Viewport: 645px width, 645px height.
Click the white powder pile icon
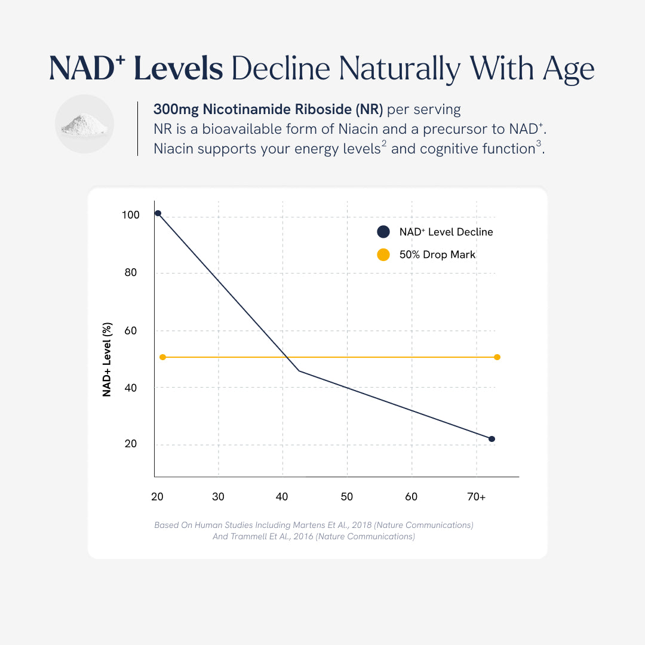point(84,125)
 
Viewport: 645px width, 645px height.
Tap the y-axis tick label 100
point(130,214)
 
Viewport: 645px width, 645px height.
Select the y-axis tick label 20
point(130,444)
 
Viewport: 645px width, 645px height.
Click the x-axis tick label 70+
point(475,497)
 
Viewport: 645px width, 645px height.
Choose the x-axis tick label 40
point(282,497)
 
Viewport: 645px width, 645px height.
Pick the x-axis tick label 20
point(157,497)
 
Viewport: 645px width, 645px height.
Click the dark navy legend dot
point(383,232)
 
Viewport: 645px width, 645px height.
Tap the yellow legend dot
point(383,255)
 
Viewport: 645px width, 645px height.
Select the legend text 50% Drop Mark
point(437,255)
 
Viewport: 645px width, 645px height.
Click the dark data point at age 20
point(158,213)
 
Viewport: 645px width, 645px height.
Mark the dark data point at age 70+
point(492,439)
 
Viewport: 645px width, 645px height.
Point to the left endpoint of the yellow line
point(162,357)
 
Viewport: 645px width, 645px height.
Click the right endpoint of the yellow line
point(497,357)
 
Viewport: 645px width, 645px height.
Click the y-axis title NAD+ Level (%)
point(107,360)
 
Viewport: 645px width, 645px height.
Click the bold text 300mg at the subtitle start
point(176,110)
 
